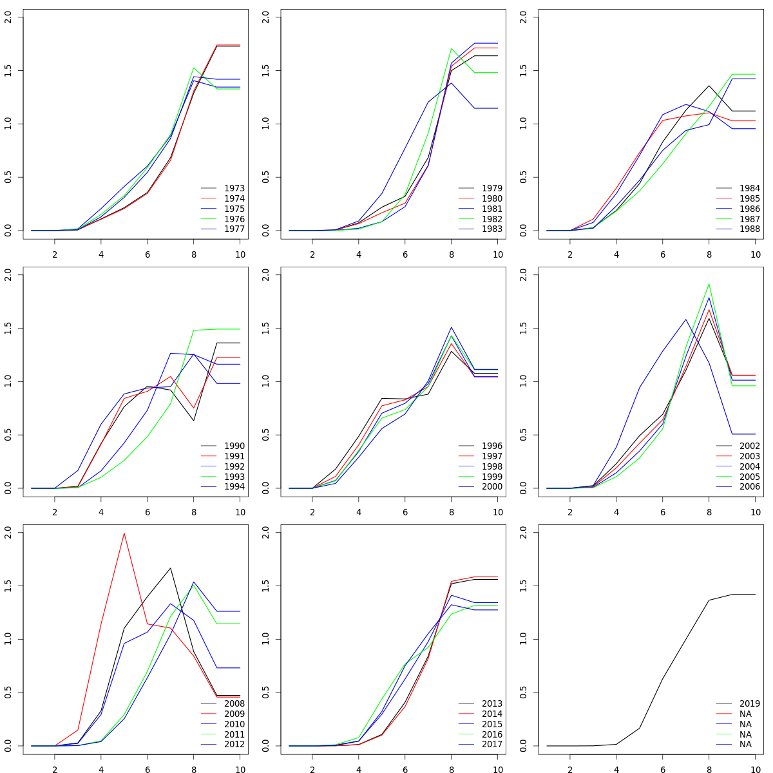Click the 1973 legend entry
pyautogui.click(x=234, y=188)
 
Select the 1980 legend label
pyautogui.click(x=491, y=198)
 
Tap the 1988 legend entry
pyautogui.click(x=749, y=229)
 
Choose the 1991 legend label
pyautogui.click(x=234, y=456)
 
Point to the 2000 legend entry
pyautogui.click(x=491, y=486)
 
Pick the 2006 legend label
pyautogui.click(x=749, y=486)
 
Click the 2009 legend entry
pyautogui.click(x=234, y=714)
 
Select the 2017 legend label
pyautogui.click(x=491, y=744)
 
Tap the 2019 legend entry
pyautogui.click(x=749, y=703)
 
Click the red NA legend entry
pyautogui.click(x=745, y=714)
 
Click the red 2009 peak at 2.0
pyautogui.click(x=124, y=533)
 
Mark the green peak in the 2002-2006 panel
pyautogui.click(x=709, y=284)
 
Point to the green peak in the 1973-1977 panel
pyautogui.click(x=194, y=68)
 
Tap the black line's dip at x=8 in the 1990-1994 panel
pyautogui.click(x=194, y=421)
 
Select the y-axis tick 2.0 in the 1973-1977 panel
pyautogui.click(x=8, y=17)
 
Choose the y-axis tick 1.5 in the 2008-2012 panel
pyautogui.click(x=8, y=586)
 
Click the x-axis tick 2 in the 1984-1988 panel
pyautogui.click(x=569, y=254)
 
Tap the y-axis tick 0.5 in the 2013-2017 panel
pyautogui.click(x=265, y=692)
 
